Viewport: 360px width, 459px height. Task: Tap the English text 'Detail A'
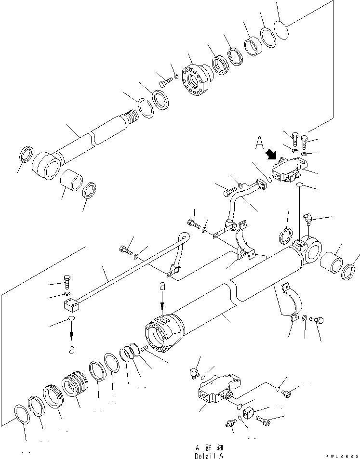[x=209, y=456]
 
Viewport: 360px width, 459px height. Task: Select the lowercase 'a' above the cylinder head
[x=162, y=286]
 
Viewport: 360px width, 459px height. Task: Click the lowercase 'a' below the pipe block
[x=71, y=350]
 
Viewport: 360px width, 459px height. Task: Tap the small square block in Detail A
[x=249, y=413]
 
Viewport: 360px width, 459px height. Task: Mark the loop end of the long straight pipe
[x=184, y=236]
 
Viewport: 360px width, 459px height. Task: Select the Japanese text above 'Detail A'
[x=209, y=447]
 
